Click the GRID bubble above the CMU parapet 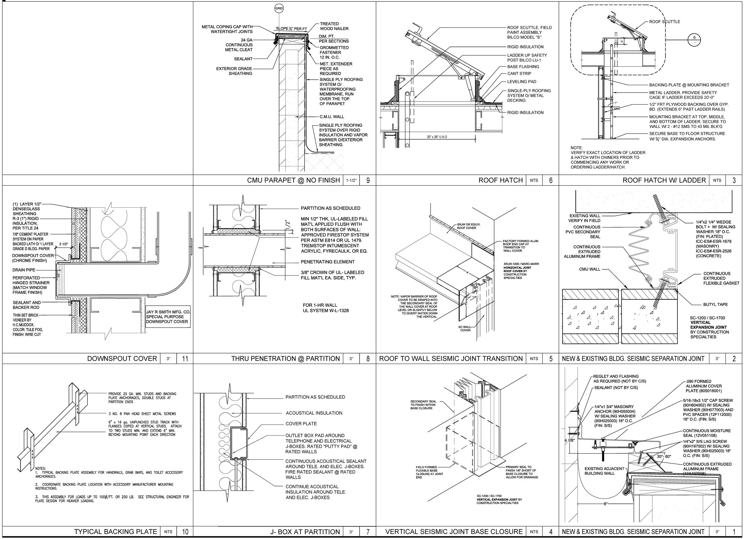(x=279, y=9)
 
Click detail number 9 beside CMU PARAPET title (x=368, y=180)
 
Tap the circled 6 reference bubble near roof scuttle (x=694, y=40)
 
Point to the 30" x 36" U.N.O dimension (x=437, y=137)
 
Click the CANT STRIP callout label (x=519, y=74)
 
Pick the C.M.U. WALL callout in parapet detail (x=332, y=117)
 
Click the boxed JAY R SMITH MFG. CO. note (x=168, y=317)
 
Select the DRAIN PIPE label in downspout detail (x=24, y=270)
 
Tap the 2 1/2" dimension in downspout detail (x=64, y=244)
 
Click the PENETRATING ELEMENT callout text (x=327, y=262)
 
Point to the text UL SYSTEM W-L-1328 (x=326, y=310)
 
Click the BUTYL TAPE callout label (x=715, y=304)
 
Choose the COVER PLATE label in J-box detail (x=301, y=424)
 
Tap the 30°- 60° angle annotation (x=664, y=457)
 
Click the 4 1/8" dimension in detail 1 (x=569, y=440)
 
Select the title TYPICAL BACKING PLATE (x=115, y=532)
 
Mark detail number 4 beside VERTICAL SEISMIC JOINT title (x=551, y=532)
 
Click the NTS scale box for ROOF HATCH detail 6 (x=534, y=180)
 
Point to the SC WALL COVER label (x=465, y=328)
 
